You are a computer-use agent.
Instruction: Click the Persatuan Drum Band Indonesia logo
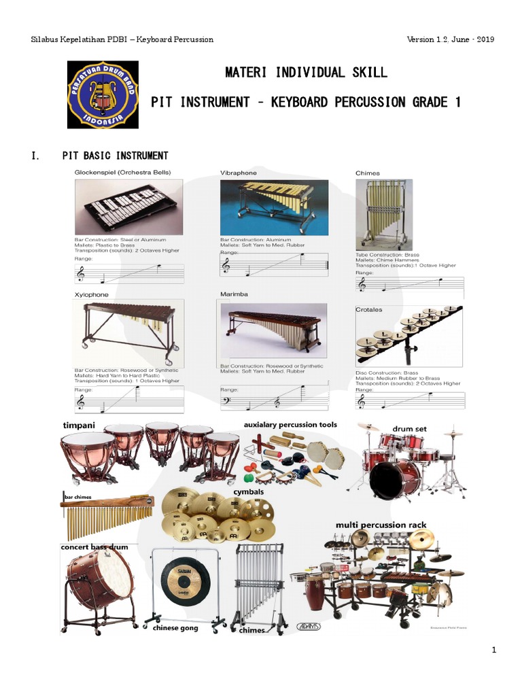pyautogui.click(x=103, y=94)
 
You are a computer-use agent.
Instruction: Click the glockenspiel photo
pyautogui.click(x=128, y=207)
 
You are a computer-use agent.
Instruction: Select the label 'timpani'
pyautogui.click(x=79, y=425)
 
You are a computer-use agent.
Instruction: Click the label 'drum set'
pyautogui.click(x=410, y=429)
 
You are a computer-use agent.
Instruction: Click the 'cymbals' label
pyautogui.click(x=249, y=491)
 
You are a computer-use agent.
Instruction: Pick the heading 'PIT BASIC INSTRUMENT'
pyautogui.click(x=116, y=156)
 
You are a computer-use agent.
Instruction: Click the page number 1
pyautogui.click(x=494, y=650)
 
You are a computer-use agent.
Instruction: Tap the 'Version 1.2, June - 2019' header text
pyautogui.click(x=450, y=39)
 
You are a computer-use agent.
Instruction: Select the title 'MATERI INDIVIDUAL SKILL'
pyautogui.click(x=306, y=72)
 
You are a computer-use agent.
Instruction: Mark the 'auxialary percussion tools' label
pyautogui.click(x=290, y=425)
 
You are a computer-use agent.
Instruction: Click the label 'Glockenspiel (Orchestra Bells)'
pyautogui.click(x=122, y=172)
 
